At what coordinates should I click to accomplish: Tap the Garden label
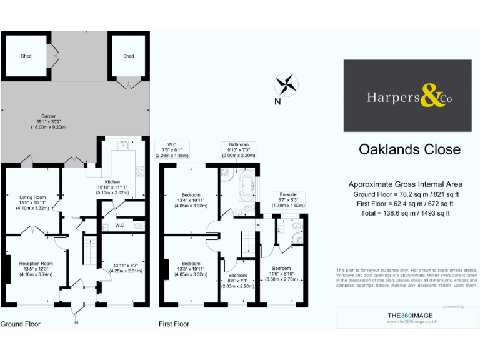(x=49, y=121)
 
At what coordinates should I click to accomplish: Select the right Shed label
(x=128, y=56)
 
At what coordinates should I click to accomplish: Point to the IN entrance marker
(x=76, y=322)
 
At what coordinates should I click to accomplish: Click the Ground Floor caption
(x=21, y=324)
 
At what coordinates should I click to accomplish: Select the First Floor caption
(x=174, y=324)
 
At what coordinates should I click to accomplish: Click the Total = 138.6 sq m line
(x=405, y=213)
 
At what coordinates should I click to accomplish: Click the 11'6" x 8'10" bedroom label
(x=281, y=272)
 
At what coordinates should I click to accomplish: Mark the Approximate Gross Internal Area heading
(x=405, y=184)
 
